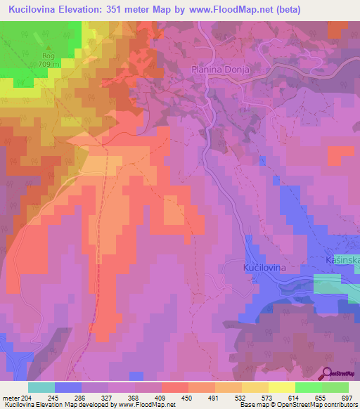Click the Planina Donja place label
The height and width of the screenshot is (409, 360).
(221, 70)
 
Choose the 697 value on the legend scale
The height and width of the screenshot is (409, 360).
(347, 398)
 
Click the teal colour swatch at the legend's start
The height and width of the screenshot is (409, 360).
(41, 387)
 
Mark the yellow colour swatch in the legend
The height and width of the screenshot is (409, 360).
(281, 387)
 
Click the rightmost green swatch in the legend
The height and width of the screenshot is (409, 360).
(335, 387)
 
